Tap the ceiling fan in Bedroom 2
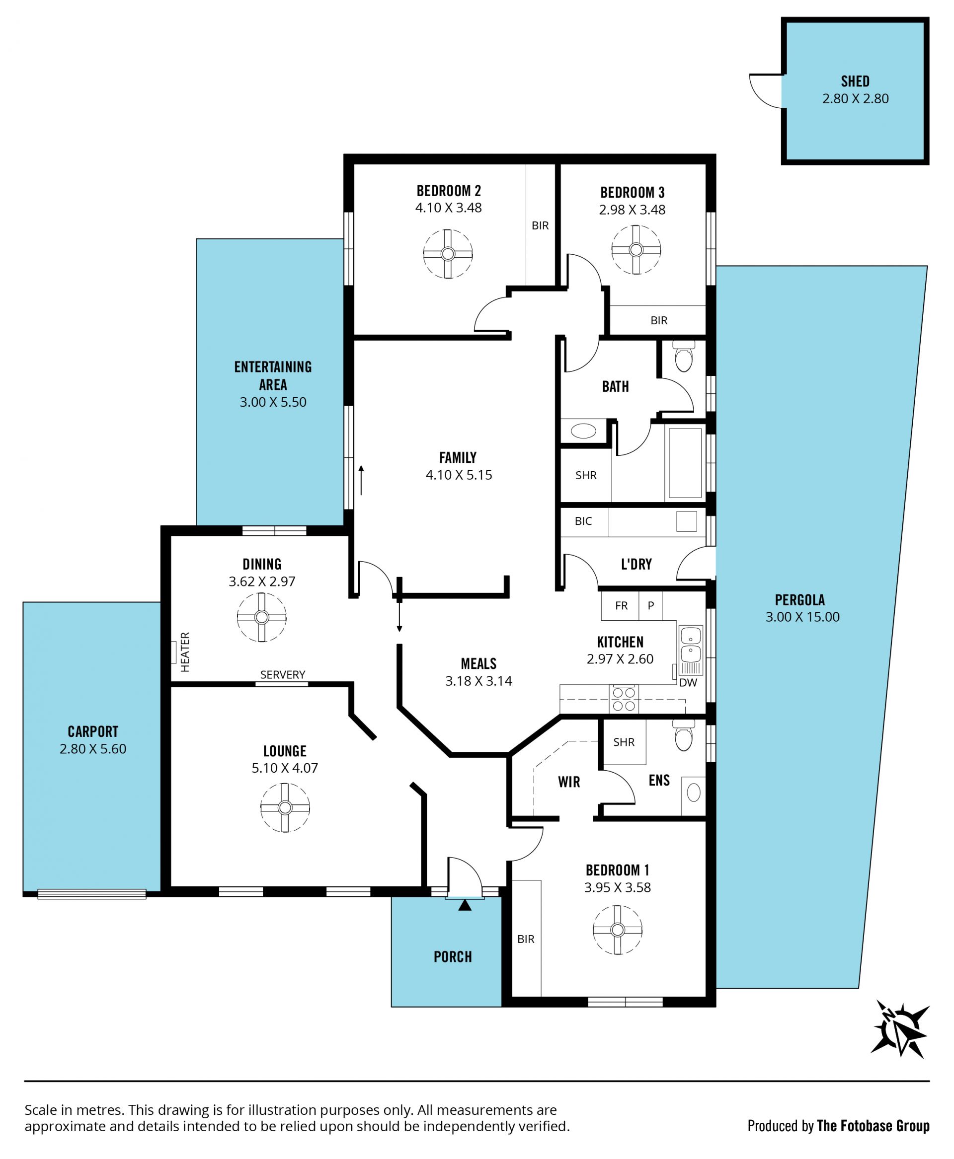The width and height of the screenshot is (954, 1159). point(448,254)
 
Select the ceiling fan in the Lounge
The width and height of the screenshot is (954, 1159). point(285,807)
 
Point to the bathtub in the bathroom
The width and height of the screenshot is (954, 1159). point(685,463)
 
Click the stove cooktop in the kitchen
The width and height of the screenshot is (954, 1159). point(623,699)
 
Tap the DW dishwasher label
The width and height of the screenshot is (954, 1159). point(688,683)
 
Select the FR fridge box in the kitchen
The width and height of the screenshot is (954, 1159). point(621,605)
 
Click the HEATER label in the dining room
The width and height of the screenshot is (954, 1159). point(185,652)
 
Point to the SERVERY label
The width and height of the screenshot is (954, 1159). point(282,674)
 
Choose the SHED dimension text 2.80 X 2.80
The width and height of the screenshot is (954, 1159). point(855,99)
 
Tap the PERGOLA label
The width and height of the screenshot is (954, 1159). point(800,600)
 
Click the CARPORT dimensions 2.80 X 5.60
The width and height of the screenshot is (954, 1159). point(93,749)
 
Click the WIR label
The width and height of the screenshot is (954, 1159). point(569,782)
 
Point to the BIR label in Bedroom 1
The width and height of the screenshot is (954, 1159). point(526,940)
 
